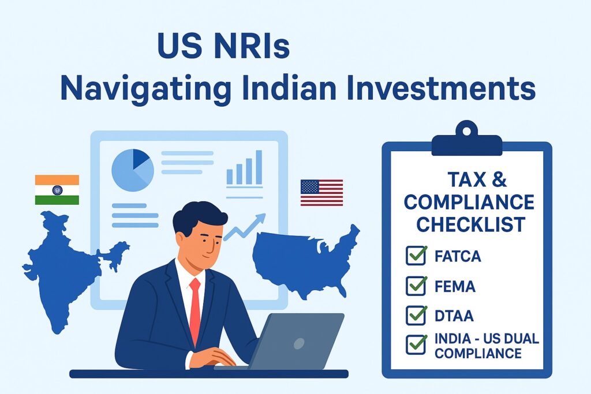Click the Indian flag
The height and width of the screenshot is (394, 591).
click(x=57, y=190)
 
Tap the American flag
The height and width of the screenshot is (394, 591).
click(x=321, y=193)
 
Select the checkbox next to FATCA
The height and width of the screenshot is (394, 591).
click(x=416, y=256)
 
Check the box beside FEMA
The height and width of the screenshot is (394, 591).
click(x=416, y=286)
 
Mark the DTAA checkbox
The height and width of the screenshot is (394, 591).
click(x=416, y=316)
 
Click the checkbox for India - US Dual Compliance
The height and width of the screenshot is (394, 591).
click(x=416, y=344)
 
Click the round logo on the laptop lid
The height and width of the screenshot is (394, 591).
click(x=299, y=344)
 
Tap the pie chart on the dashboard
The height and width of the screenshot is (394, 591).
click(x=133, y=170)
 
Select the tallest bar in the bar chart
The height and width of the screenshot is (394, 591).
click(x=259, y=167)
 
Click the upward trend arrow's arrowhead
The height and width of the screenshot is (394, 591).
click(x=260, y=219)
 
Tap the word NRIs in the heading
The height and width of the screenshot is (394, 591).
click(x=252, y=46)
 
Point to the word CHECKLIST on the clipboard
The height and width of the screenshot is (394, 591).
click(x=471, y=224)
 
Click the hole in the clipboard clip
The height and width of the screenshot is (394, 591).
click(x=466, y=131)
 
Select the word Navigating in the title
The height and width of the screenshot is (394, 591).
click(x=145, y=89)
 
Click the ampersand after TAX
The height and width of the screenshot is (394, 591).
click(x=499, y=179)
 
